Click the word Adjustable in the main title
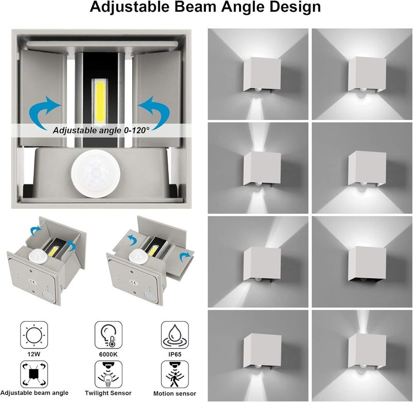point(130,7)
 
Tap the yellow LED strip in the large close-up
point(100,102)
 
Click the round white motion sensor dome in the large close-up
point(96,173)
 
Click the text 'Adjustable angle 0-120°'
point(101,130)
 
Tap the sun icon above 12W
point(34,335)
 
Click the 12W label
point(34,354)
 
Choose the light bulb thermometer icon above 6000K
point(108,335)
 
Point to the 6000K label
point(108,354)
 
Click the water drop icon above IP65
point(175,335)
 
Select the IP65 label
point(175,354)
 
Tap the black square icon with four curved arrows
point(34,374)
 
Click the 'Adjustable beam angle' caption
point(34,393)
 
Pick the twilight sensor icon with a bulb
point(108,374)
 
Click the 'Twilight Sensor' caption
point(108,393)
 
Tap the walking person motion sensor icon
point(175,374)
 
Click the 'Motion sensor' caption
point(175,394)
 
